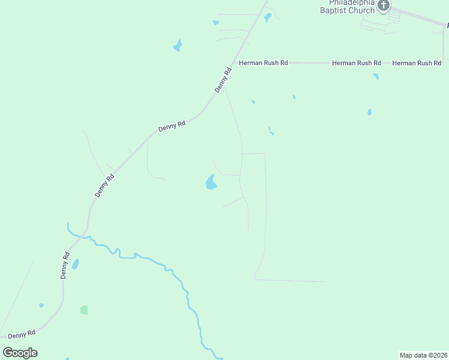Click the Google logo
[x=20, y=352]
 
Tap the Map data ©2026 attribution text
[x=423, y=355]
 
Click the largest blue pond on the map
[x=211, y=182]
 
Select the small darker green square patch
[x=84, y=310]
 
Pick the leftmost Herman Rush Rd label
[x=263, y=62]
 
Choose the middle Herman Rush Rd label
[x=357, y=62]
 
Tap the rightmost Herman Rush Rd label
[x=417, y=62]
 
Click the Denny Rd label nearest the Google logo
[x=23, y=333]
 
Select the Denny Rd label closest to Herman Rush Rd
[x=223, y=80]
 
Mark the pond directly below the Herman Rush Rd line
[x=375, y=76]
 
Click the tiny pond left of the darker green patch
[x=41, y=305]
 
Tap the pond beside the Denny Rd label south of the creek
[x=75, y=264]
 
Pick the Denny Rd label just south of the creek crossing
[x=65, y=265]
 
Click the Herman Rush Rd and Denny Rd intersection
[x=234, y=62]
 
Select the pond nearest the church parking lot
[x=268, y=17]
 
